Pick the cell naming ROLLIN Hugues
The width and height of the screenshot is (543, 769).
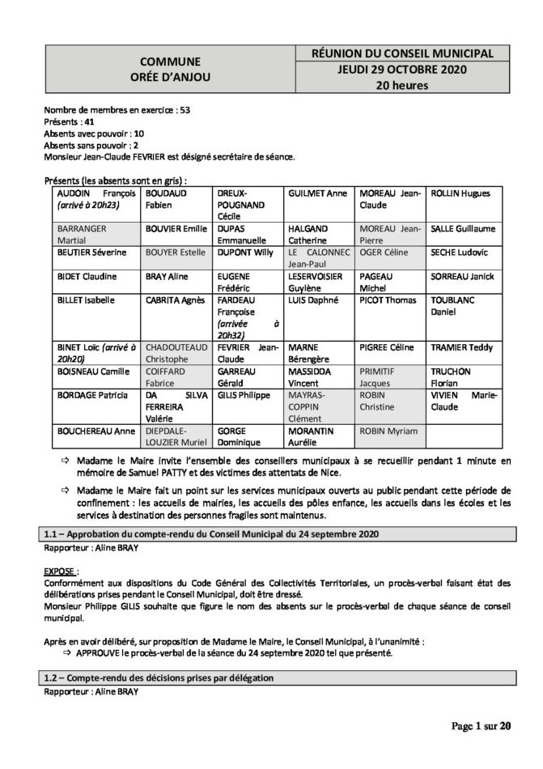tap(465, 194)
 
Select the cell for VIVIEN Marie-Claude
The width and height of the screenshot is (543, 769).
tap(465, 401)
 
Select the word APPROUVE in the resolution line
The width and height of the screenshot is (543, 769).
tap(100, 652)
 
